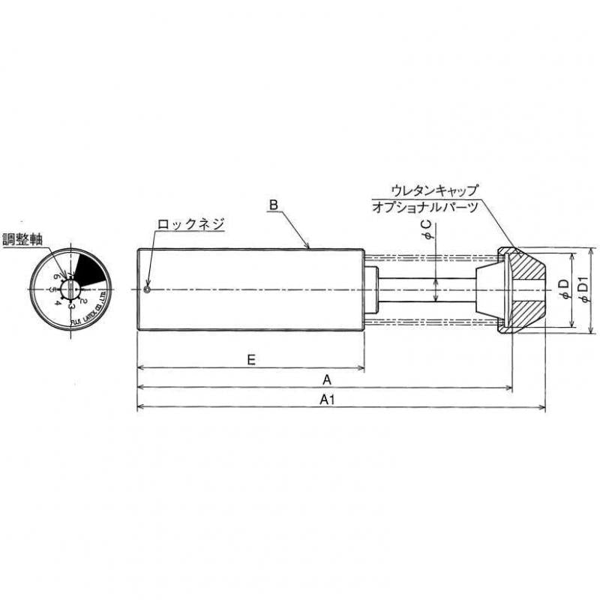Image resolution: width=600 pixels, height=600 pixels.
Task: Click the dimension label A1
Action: click(326, 400)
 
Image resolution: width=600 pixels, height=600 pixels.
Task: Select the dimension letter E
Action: click(252, 359)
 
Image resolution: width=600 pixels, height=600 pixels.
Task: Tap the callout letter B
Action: click(274, 205)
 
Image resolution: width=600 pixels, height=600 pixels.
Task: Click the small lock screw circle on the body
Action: click(148, 289)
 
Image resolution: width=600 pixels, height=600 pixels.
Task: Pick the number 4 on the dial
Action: click(58, 302)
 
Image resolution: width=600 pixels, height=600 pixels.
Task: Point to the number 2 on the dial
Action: click(84, 301)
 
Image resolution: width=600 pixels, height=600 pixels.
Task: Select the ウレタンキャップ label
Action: click(434, 190)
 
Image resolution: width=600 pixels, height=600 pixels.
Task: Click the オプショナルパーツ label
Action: click(425, 208)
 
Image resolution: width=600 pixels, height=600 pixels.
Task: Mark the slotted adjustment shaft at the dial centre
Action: click(70, 288)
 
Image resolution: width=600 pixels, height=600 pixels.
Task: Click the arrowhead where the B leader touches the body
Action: click(308, 246)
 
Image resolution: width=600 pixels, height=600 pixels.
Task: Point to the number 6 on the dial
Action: click(56, 277)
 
